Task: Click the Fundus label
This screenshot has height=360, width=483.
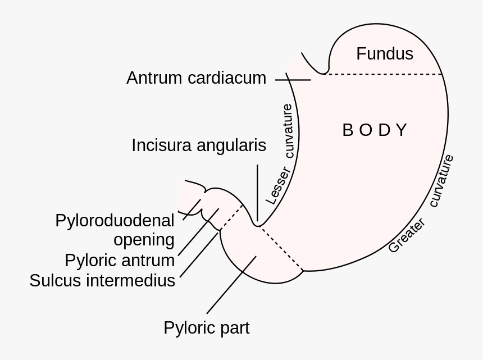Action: click(385, 54)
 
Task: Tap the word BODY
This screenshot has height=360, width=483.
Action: click(374, 130)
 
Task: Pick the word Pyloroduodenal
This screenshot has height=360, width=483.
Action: click(115, 221)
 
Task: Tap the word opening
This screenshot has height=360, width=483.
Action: click(144, 240)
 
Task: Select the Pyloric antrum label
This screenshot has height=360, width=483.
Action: click(120, 261)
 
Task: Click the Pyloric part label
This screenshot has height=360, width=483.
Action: click(206, 328)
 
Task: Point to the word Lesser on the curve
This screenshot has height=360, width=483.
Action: click(278, 185)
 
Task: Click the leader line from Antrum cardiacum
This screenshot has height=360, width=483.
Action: click(293, 80)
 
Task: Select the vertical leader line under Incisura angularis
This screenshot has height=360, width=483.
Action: click(257, 191)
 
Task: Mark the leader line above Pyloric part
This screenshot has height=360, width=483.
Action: click(231, 285)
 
